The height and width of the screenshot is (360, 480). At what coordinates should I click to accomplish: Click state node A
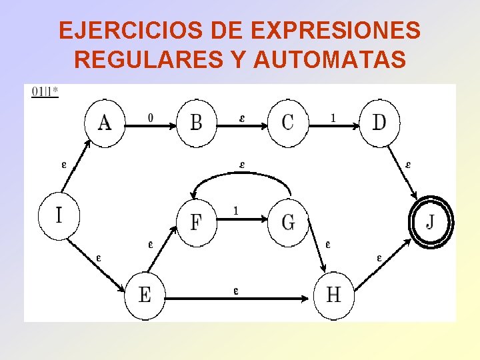coord(105,122)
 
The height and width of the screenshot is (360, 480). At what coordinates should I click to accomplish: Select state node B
coord(197,122)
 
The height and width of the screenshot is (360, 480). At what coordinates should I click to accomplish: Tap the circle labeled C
coord(288,122)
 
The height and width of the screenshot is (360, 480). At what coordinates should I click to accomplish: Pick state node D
coord(379,122)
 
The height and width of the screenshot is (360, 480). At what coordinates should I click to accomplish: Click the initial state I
coord(59,215)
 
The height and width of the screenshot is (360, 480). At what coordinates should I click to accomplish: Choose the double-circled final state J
coord(431,221)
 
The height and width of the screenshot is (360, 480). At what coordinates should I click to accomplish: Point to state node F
coord(197,221)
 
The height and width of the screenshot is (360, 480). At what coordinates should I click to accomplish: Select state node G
coord(288,221)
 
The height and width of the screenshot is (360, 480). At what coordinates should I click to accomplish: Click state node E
coord(145,295)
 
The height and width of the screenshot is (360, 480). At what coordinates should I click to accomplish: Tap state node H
coord(334,295)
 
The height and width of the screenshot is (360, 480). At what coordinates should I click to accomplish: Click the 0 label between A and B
coord(150,118)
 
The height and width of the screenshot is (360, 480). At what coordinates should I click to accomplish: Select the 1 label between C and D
coord(333,118)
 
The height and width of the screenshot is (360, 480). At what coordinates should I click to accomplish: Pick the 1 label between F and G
coord(236,211)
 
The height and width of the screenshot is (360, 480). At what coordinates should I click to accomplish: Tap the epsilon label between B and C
coord(241,118)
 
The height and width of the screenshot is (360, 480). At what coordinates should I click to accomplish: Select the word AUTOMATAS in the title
coord(329,60)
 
